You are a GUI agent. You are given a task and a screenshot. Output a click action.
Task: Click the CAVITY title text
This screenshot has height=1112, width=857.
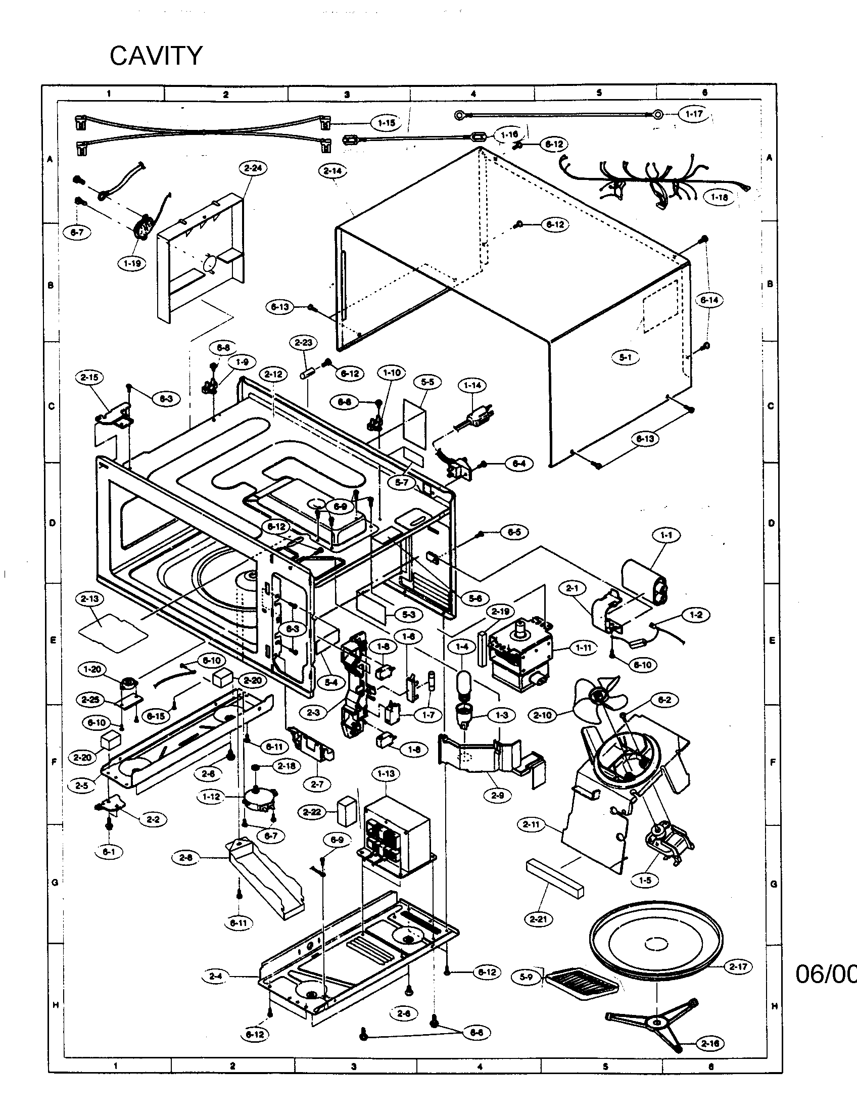tap(156, 56)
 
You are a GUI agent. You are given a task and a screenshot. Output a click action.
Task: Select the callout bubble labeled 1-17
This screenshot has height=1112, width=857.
tap(694, 114)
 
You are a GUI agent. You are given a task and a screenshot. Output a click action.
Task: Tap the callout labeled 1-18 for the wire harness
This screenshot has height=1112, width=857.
tap(719, 197)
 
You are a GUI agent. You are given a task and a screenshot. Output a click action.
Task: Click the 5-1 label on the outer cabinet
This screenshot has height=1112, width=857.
tap(626, 357)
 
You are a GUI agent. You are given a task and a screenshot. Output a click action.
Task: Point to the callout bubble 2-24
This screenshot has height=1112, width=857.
tap(253, 168)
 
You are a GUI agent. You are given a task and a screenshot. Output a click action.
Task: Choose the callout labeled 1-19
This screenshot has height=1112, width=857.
tap(132, 263)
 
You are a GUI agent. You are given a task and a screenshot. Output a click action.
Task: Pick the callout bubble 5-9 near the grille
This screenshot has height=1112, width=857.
tap(526, 977)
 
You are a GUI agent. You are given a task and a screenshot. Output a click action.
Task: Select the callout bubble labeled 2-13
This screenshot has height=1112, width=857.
tap(89, 599)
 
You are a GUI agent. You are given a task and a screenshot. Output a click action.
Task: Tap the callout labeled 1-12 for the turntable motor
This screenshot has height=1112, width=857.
tap(211, 796)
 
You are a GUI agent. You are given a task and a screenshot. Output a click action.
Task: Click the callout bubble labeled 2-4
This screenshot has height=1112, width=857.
tap(215, 976)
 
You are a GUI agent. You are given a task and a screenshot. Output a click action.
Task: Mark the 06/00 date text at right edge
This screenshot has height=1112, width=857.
tap(826, 974)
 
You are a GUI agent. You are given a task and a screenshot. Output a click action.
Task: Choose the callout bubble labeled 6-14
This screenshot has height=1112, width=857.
tap(709, 300)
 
